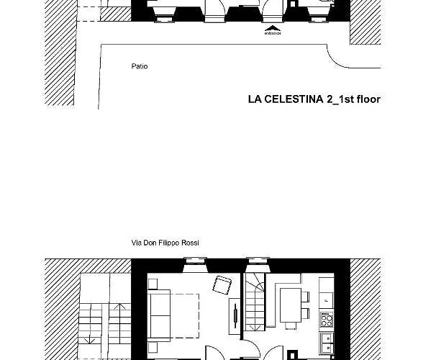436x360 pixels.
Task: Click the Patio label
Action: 140,66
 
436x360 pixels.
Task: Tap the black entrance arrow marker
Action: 271,30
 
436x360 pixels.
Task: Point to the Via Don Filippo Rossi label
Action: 165,243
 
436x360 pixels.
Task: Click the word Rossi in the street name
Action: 189,243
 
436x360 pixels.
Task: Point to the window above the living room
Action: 195,264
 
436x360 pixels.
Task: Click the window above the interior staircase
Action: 255,264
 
